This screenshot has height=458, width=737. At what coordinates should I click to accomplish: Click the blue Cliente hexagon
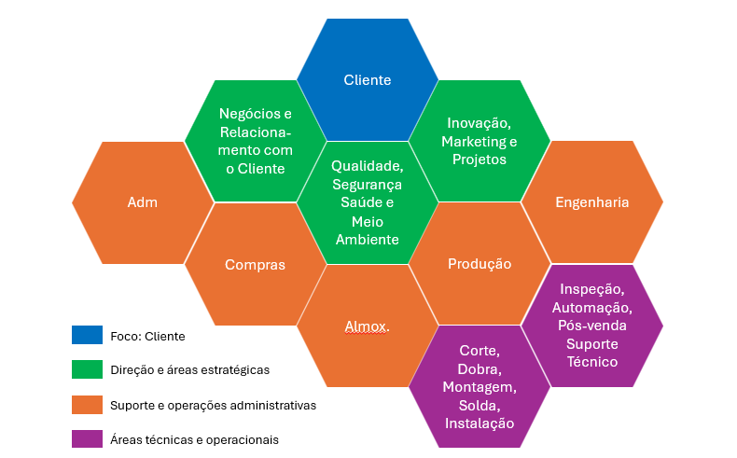(367, 80)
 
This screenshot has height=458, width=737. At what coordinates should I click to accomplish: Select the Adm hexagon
(142, 202)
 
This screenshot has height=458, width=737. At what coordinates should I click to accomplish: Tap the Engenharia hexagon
(591, 202)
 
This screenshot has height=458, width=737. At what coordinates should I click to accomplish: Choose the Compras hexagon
(255, 265)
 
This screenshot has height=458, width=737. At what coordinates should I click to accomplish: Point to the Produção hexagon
(479, 264)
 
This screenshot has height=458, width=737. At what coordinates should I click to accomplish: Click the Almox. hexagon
(367, 326)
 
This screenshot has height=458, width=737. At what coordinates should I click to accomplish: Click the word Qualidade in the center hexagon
(367, 165)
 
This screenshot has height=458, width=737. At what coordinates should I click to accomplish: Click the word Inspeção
(591, 289)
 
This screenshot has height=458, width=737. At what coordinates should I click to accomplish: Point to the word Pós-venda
(591, 326)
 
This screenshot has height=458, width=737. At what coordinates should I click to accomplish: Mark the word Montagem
(479, 387)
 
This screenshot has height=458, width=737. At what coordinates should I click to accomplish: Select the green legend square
(87, 370)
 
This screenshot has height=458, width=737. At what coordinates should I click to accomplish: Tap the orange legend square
(87, 405)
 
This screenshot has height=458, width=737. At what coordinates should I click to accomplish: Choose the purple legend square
(87, 439)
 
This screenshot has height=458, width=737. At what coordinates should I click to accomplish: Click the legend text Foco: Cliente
(147, 336)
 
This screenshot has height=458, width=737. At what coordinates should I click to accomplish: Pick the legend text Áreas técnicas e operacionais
(194, 439)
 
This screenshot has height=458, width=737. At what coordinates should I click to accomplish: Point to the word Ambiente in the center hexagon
(367, 240)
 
